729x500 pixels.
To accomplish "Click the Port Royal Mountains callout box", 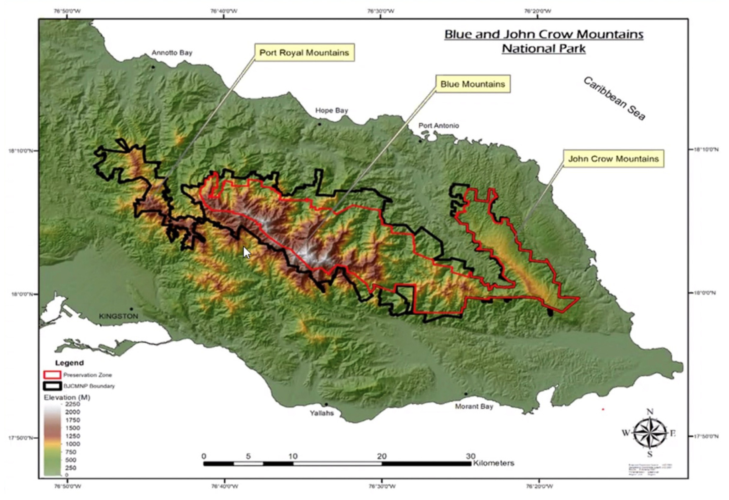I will click(x=304, y=52).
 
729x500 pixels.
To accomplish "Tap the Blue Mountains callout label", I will click(x=472, y=84).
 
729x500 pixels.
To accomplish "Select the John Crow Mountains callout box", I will click(x=613, y=159).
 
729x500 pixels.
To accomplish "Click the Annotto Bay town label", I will click(x=172, y=53).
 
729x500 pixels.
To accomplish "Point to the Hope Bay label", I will click(x=332, y=110).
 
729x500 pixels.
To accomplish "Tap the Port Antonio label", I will click(x=439, y=126).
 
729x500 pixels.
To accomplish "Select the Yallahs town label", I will click(x=322, y=413).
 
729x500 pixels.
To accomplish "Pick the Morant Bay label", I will click(x=474, y=406).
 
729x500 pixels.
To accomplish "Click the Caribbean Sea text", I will click(x=614, y=99).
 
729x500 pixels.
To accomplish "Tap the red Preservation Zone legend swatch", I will click(x=52, y=375).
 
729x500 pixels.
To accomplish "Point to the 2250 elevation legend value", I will click(x=72, y=404).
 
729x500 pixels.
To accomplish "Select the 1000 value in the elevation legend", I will click(x=72, y=444).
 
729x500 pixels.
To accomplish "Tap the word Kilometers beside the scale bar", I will click(x=493, y=463).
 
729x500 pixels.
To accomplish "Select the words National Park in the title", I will click(x=544, y=49).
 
